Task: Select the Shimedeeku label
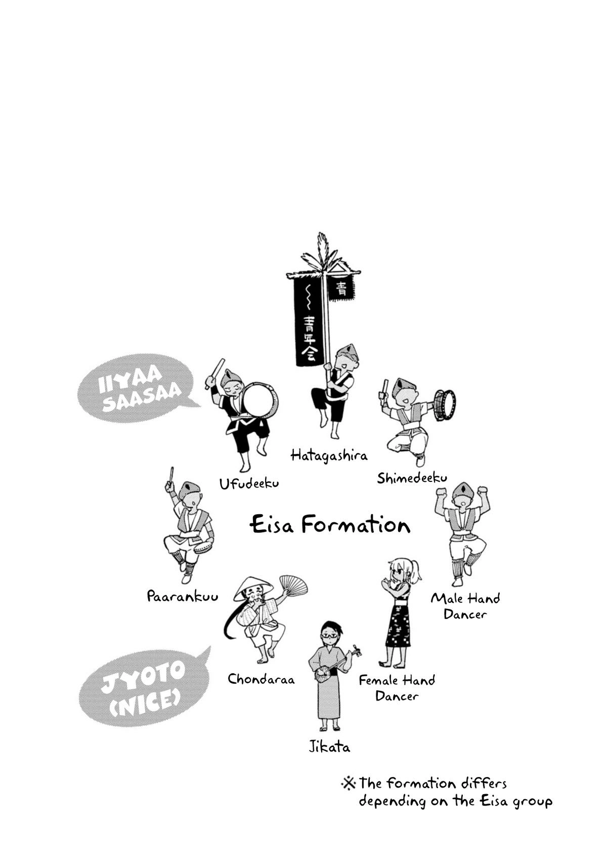click(412, 478)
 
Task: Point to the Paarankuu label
click(183, 596)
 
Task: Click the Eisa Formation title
click(330, 525)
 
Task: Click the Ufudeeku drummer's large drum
click(259, 402)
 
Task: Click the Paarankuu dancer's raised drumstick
click(170, 476)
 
